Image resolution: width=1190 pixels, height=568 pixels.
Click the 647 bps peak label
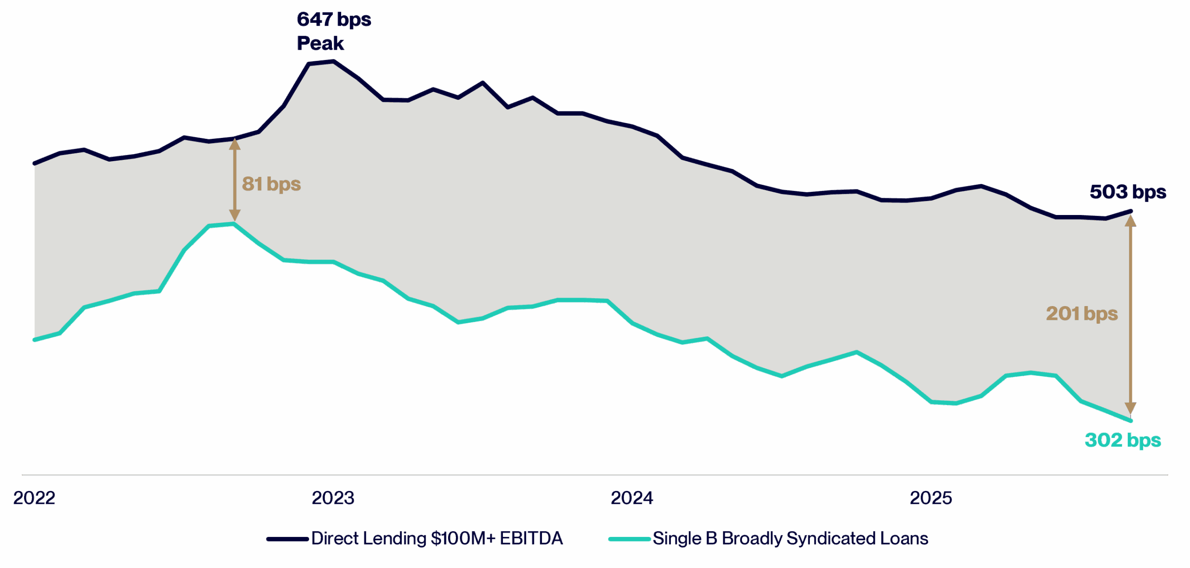[x=334, y=20]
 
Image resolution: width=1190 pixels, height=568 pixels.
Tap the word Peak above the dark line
[x=320, y=44]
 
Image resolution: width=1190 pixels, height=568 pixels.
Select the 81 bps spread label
[x=271, y=184]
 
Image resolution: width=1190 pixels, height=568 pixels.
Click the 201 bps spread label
[x=1082, y=314]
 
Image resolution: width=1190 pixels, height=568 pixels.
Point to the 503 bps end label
[x=1128, y=192]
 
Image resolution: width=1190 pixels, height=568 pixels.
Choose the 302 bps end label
[x=1123, y=440]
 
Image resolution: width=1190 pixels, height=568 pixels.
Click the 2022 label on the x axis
[x=34, y=498]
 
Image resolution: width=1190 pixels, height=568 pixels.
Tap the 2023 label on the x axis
[x=333, y=498]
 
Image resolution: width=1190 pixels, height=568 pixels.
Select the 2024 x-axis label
[x=632, y=498]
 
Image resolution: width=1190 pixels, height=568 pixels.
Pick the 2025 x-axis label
[x=931, y=498]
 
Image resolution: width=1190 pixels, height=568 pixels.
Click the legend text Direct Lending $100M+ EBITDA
[x=437, y=539]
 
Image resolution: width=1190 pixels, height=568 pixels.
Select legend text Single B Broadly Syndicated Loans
[x=790, y=539]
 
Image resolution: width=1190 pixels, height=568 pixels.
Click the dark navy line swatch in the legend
[x=287, y=539]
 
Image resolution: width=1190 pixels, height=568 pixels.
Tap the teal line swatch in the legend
[x=629, y=539]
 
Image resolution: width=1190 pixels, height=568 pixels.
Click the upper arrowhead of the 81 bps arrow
[x=235, y=144]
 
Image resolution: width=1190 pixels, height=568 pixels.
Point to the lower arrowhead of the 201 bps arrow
[x=1130, y=409]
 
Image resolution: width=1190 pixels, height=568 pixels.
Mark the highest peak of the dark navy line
[x=333, y=61]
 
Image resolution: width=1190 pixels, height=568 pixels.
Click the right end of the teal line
[x=1131, y=421]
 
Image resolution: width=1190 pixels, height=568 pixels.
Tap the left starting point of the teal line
[x=34, y=340]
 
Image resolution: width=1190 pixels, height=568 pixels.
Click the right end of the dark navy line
[x=1131, y=211]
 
